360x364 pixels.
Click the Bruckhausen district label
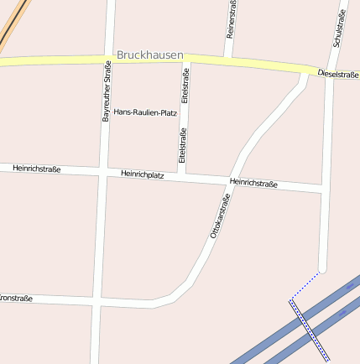(x=149, y=55)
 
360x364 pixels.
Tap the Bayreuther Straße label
(x=107, y=91)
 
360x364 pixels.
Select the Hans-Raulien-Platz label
(x=145, y=112)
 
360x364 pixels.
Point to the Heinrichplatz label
(x=142, y=174)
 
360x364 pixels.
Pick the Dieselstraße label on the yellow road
(x=337, y=75)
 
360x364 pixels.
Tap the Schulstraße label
(x=339, y=29)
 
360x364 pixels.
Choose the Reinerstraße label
(x=232, y=18)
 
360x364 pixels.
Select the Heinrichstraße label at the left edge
(x=36, y=169)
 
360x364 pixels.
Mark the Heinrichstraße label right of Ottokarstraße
(x=253, y=182)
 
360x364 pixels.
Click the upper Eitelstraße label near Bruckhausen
(x=186, y=86)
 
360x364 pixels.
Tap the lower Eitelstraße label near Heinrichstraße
(x=182, y=144)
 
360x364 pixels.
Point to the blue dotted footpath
(x=307, y=284)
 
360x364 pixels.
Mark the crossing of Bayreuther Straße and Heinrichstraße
(x=102, y=172)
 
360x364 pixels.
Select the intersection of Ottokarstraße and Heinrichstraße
(x=232, y=181)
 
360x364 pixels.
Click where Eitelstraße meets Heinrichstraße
(x=182, y=177)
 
